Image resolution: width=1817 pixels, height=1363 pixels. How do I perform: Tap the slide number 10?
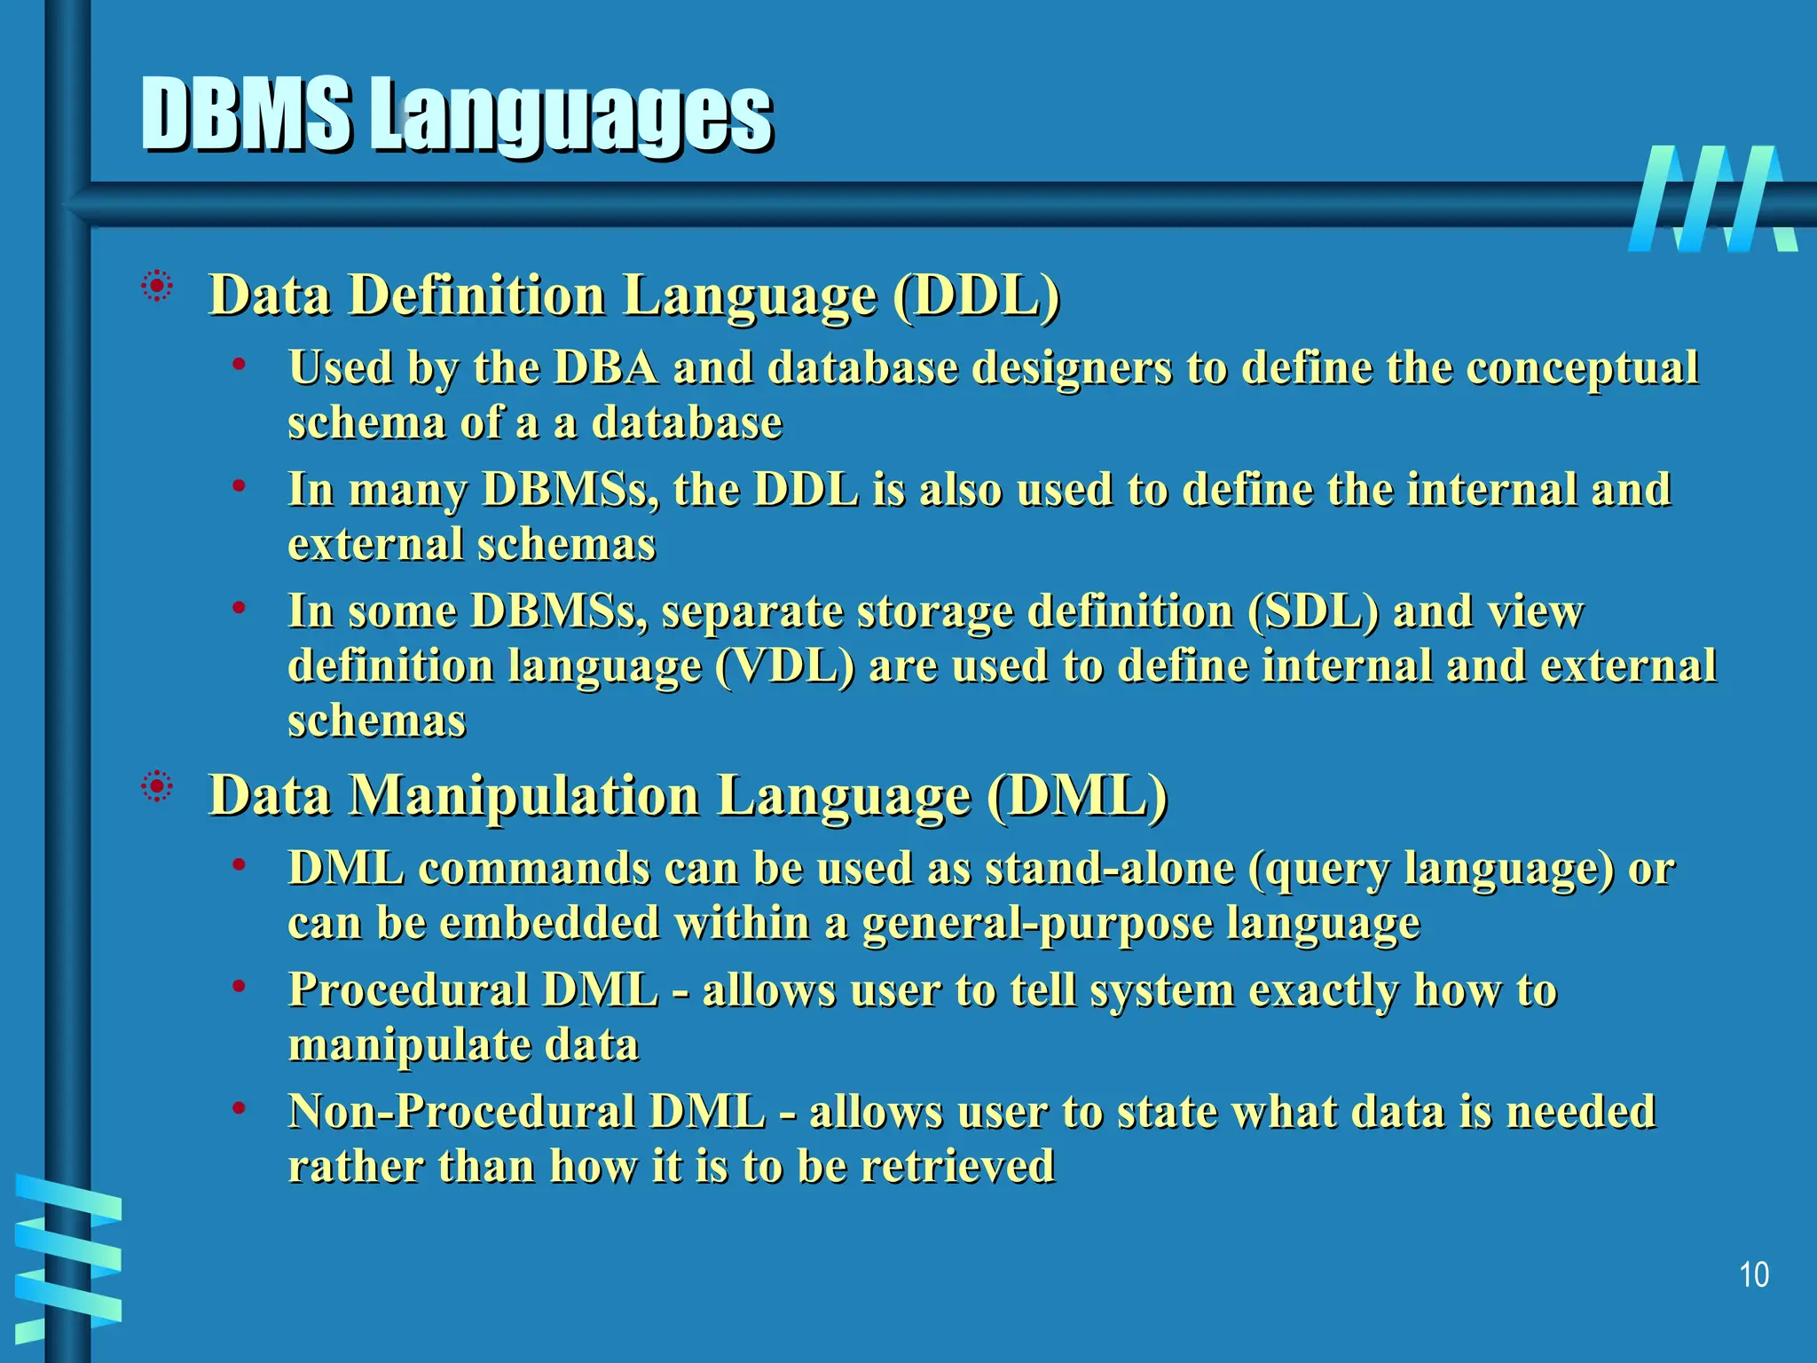pos(1754,1275)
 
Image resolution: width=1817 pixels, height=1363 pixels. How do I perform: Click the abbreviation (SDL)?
pos(1313,611)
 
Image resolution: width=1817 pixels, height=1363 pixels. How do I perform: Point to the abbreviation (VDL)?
pos(784,666)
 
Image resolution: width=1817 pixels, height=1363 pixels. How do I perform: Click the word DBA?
pos(606,367)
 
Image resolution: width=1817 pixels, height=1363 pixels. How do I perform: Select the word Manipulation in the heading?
pos(523,795)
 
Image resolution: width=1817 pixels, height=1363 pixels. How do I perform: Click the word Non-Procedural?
pos(461,1111)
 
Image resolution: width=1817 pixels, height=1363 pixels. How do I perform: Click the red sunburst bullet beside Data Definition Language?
pos(157,286)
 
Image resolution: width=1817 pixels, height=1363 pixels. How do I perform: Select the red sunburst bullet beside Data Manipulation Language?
pos(157,786)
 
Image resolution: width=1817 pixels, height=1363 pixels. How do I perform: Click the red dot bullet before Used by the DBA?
pos(238,363)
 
